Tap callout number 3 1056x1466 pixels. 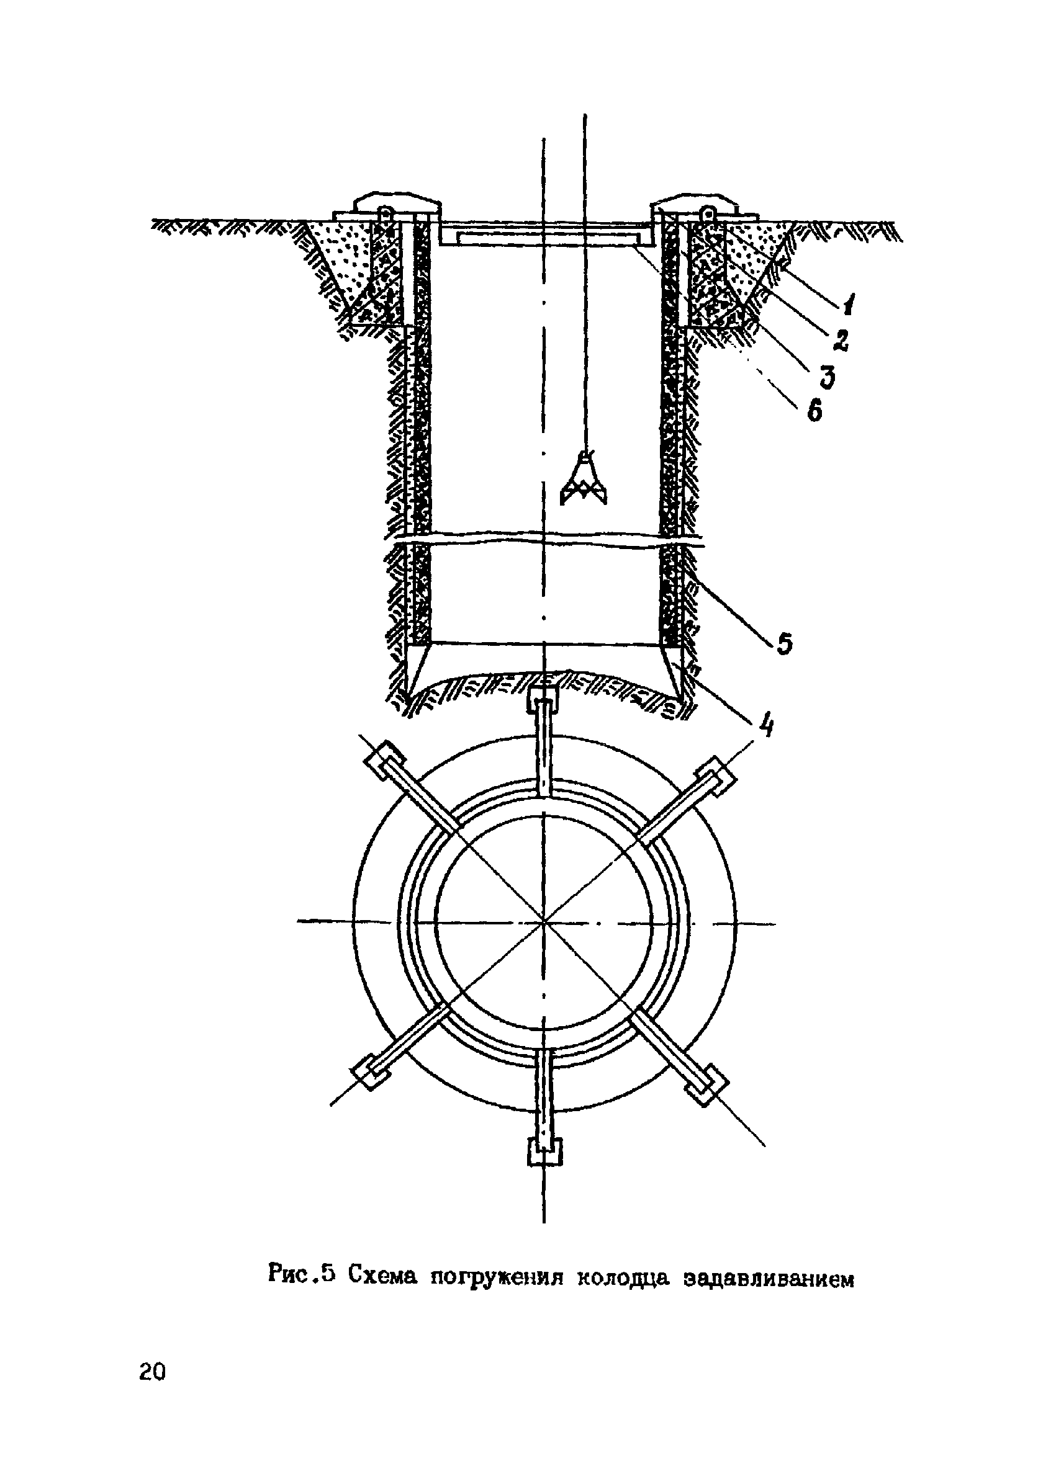tap(826, 375)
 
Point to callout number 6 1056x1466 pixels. tap(814, 409)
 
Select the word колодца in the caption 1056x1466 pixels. tap(623, 1279)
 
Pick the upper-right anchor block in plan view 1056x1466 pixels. tap(716, 775)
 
